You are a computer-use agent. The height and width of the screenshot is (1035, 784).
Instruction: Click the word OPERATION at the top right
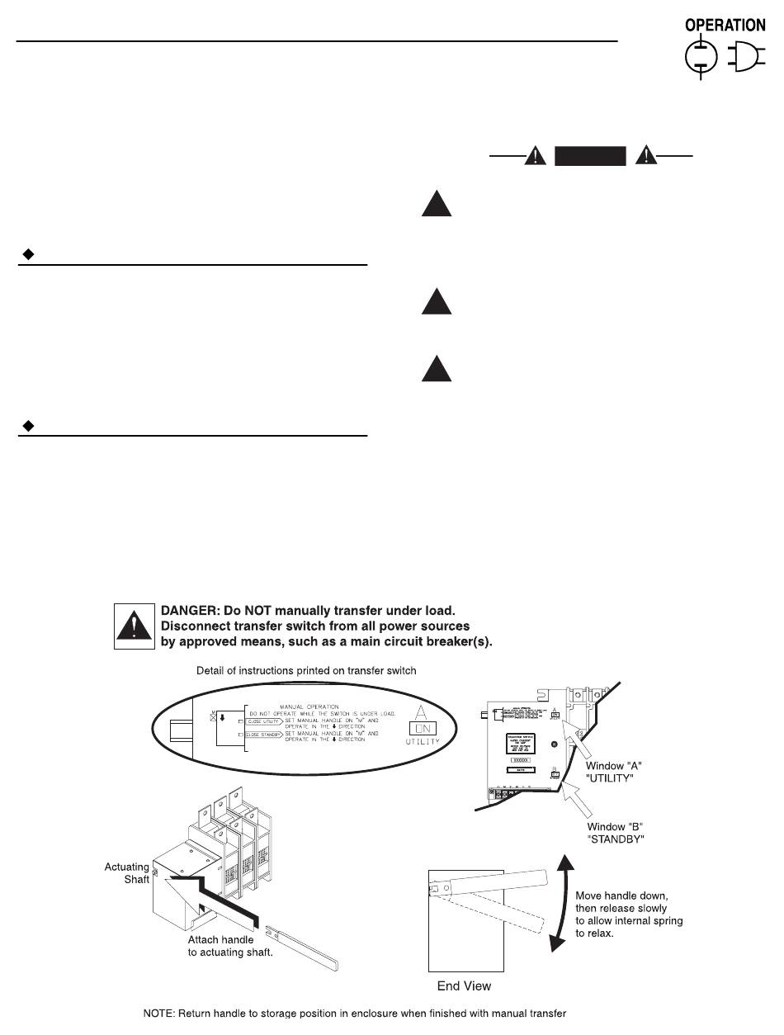pyautogui.click(x=725, y=25)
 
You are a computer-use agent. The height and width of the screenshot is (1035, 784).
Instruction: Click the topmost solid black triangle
pyautogui.click(x=437, y=203)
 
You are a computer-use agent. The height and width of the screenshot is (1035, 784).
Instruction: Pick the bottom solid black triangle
pyautogui.click(x=437, y=368)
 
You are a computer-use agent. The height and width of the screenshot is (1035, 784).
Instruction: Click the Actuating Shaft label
pyautogui.click(x=126, y=873)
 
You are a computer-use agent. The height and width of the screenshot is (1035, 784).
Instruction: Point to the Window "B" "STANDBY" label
pyautogui.click(x=616, y=833)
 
